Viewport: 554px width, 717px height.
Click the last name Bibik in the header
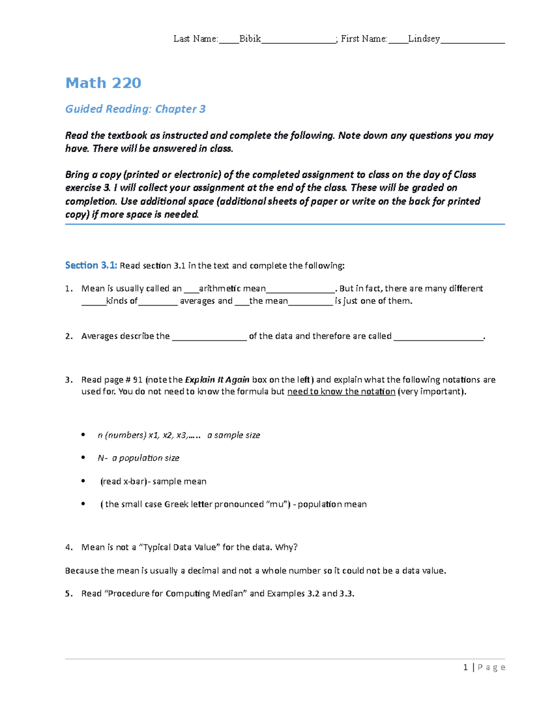coord(250,39)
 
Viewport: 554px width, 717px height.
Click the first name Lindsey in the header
coord(424,39)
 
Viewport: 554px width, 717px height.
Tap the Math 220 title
coord(103,83)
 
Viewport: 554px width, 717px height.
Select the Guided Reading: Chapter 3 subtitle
coord(135,109)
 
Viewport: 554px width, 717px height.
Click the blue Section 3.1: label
coord(91,265)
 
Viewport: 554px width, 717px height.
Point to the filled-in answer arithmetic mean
coord(232,289)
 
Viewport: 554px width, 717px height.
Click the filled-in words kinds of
coord(122,301)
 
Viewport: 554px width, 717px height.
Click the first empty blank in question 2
coord(209,337)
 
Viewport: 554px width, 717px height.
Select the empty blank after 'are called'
coord(438,337)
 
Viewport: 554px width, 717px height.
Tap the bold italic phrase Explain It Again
coord(217,380)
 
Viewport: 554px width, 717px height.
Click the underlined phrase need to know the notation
coord(341,392)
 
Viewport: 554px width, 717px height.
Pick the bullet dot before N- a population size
coord(83,458)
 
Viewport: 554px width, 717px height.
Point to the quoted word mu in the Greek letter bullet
coord(277,504)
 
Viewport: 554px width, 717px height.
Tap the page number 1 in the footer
coord(465,667)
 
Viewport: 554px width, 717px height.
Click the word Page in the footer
coord(491,667)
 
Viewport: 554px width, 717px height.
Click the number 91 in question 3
coord(138,380)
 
